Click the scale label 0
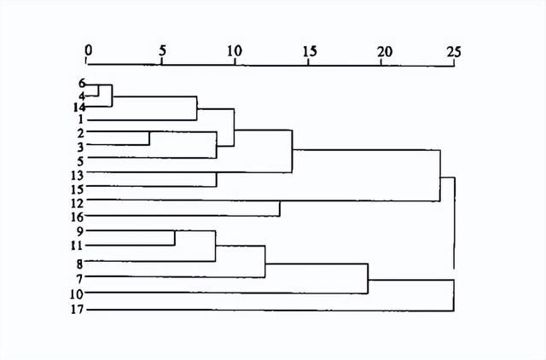click(89, 50)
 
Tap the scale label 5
click(162, 51)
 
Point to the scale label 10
click(235, 51)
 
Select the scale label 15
click(310, 51)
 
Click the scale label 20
click(385, 51)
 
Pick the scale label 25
click(454, 52)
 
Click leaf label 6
click(82, 84)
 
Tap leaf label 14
click(79, 107)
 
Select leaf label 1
click(81, 119)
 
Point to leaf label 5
click(80, 161)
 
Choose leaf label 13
click(77, 176)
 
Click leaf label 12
click(77, 203)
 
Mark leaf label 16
click(77, 218)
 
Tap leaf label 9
click(80, 231)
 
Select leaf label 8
click(79, 264)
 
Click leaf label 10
click(77, 294)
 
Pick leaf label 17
click(77, 309)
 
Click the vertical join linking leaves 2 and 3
click(149, 138)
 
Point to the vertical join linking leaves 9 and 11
click(174, 238)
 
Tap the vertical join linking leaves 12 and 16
click(280, 208)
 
